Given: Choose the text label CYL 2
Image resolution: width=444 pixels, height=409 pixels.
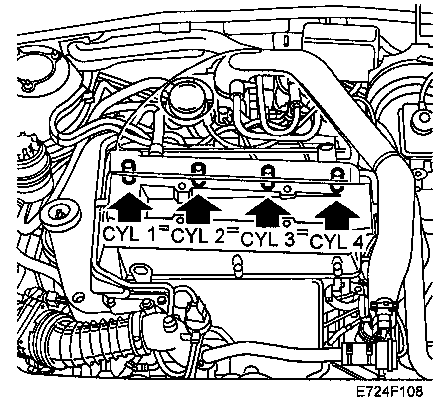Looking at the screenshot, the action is click(x=195, y=237).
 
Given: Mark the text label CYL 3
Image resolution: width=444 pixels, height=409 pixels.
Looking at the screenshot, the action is click(x=266, y=241).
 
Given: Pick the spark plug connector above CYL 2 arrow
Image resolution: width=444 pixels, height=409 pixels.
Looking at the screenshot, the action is click(x=197, y=172).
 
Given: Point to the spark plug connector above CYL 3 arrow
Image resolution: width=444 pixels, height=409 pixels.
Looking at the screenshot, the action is click(x=268, y=176).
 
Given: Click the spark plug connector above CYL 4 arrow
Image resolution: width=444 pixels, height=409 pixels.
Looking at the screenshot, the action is click(x=337, y=179).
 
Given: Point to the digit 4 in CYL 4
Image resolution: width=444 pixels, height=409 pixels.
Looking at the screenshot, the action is click(x=355, y=244).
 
